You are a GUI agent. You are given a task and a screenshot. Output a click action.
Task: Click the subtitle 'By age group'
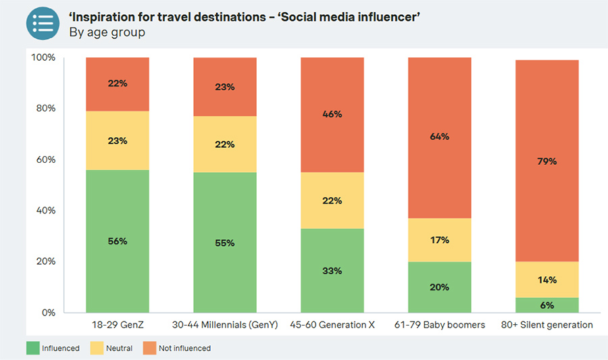[107, 32]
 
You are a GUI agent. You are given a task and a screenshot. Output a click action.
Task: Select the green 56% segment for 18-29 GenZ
[117, 241]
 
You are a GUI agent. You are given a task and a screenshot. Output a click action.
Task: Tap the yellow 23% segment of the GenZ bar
[117, 140]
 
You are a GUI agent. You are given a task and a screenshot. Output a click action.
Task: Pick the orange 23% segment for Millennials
[225, 86]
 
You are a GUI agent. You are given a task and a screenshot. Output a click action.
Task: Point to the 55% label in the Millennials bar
[225, 242]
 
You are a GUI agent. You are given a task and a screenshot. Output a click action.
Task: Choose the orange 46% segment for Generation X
[332, 114]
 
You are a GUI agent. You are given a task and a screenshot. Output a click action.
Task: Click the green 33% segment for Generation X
[332, 270]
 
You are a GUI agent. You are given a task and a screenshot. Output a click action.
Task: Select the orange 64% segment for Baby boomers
[440, 137]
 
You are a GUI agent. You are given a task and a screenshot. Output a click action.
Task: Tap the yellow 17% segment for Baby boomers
[440, 240]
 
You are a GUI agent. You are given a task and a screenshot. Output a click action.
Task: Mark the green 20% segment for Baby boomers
[440, 287]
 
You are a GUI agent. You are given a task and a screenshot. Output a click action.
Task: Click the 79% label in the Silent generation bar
[548, 161]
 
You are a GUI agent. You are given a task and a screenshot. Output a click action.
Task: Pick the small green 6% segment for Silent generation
[548, 305]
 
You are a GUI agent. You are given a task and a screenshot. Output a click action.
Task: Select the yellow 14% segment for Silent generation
[548, 280]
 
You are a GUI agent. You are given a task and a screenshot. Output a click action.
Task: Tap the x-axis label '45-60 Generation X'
[332, 325]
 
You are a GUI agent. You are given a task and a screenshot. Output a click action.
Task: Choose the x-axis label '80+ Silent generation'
[548, 325]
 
